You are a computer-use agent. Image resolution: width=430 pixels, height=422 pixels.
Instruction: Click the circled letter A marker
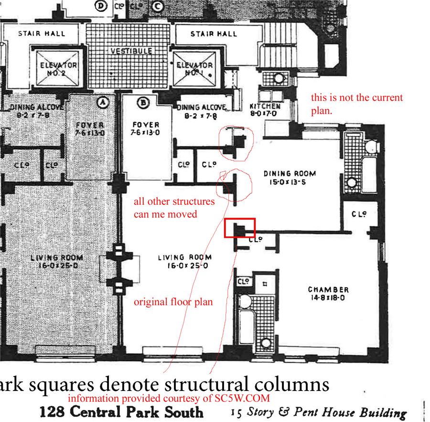pyautogui.click(x=102, y=101)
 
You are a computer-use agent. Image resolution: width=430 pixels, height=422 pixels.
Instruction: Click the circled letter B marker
pyautogui.click(x=142, y=101)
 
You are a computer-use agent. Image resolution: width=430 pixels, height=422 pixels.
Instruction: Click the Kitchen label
pyautogui.click(x=264, y=109)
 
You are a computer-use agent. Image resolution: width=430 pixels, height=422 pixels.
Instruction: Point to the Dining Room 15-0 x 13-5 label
pyautogui.click(x=290, y=177)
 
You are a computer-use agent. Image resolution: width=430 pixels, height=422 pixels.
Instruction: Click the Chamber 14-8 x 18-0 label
pyautogui.click(x=328, y=293)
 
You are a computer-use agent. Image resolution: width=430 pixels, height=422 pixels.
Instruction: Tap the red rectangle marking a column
pyautogui.click(x=240, y=228)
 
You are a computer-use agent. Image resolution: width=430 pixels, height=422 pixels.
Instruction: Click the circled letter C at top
pyautogui.click(x=158, y=6)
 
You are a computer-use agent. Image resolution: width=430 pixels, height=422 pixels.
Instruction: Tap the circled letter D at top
pyautogui.click(x=101, y=6)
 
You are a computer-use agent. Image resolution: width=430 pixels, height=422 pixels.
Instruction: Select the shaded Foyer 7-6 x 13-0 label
pyautogui.click(x=90, y=129)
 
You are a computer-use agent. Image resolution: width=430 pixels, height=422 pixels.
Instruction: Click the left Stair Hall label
pyautogui.click(x=42, y=33)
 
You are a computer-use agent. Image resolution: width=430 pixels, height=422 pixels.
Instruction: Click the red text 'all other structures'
pyautogui.click(x=174, y=201)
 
